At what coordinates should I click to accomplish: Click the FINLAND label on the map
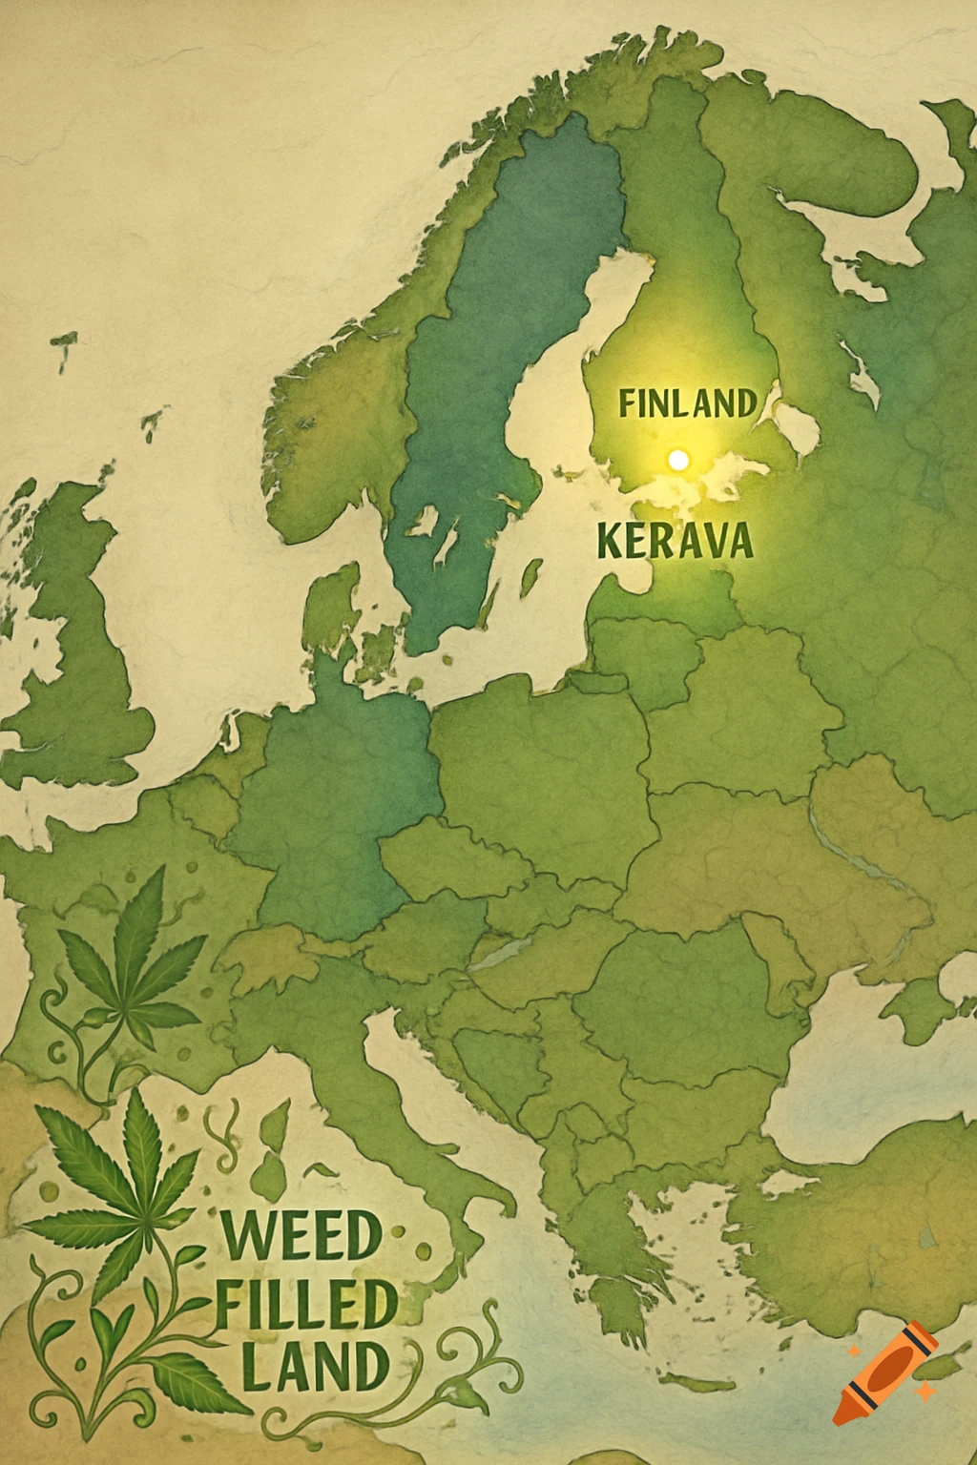click(x=687, y=403)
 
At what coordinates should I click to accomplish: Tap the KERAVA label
click(x=675, y=542)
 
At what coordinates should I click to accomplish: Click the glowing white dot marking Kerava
click(x=678, y=461)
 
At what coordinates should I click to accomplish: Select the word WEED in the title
click(x=301, y=1237)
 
